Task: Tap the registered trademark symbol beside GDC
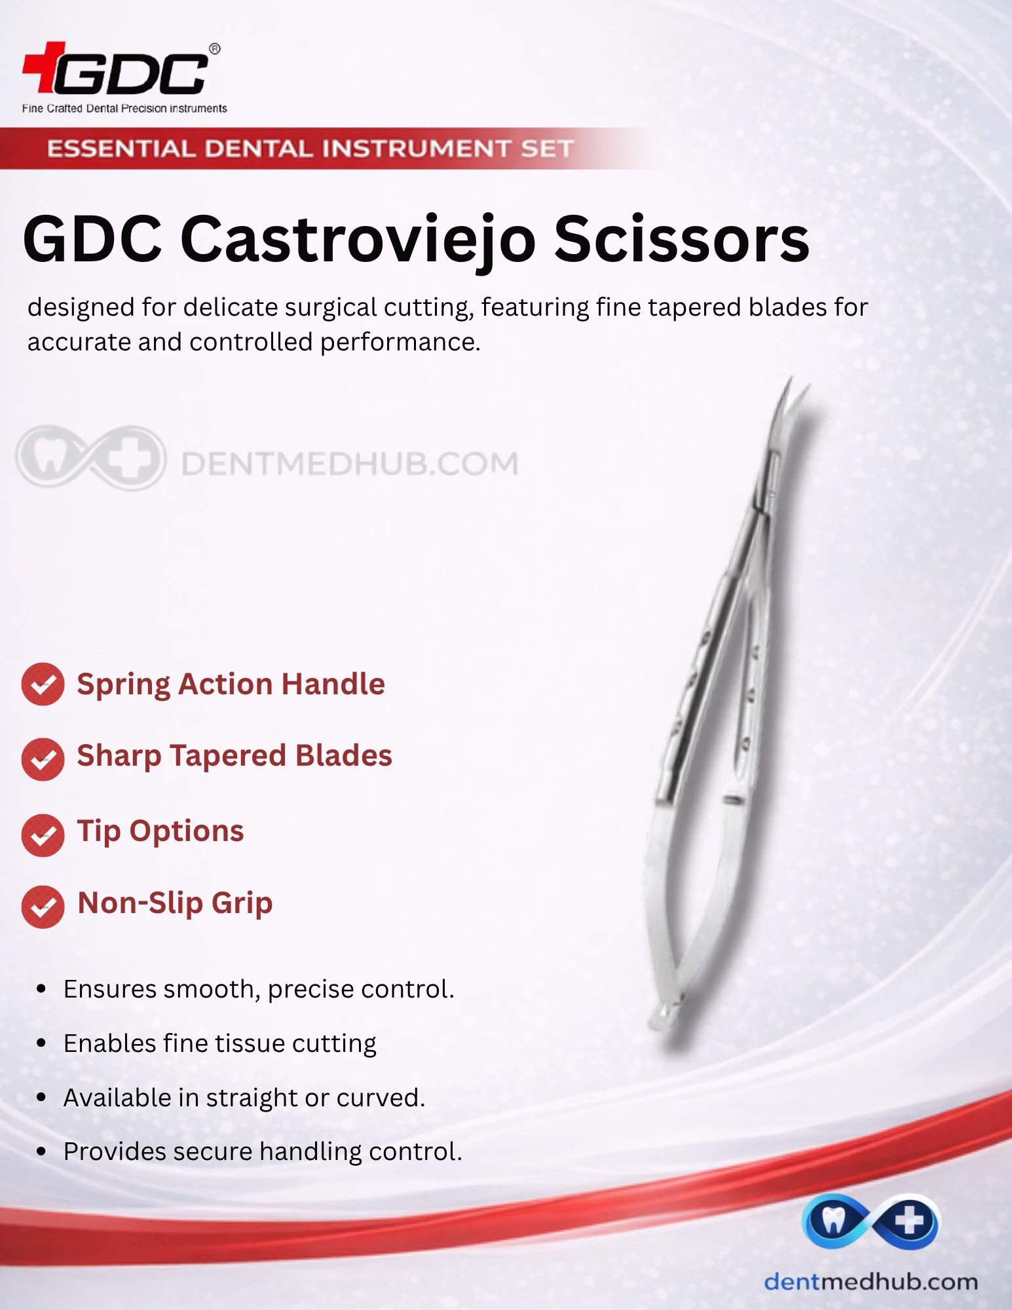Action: tap(214, 49)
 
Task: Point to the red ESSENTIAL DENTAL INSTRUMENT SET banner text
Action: tap(310, 149)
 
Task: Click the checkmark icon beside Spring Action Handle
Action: tap(43, 684)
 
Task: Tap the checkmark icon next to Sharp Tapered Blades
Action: tap(43, 759)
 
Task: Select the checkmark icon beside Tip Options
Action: tap(43, 835)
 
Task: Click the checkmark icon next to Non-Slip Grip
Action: tap(43, 907)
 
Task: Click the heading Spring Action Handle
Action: tap(231, 684)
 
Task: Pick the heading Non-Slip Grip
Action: tap(175, 903)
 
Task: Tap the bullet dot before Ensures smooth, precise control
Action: tap(41, 989)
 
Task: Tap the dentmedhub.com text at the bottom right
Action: tap(871, 1282)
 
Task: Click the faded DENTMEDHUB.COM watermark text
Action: tap(349, 464)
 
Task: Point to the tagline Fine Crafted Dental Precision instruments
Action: tap(124, 108)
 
